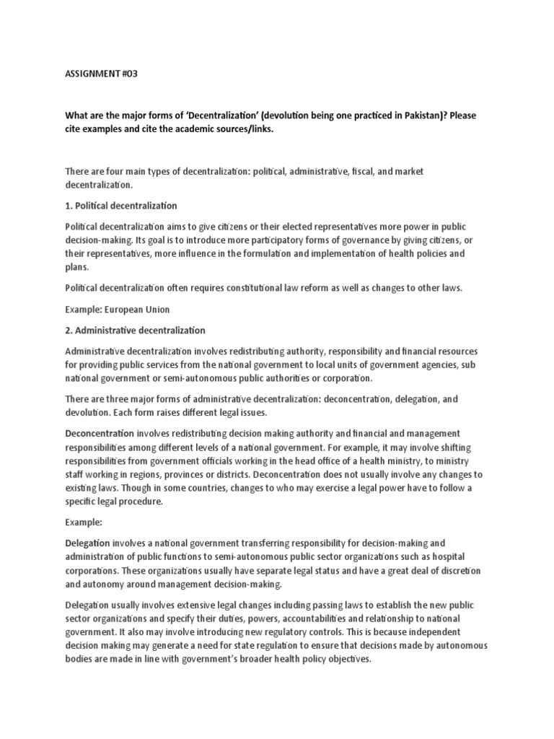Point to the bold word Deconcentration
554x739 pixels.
click(x=100, y=433)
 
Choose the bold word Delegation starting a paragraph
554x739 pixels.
click(x=88, y=542)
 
